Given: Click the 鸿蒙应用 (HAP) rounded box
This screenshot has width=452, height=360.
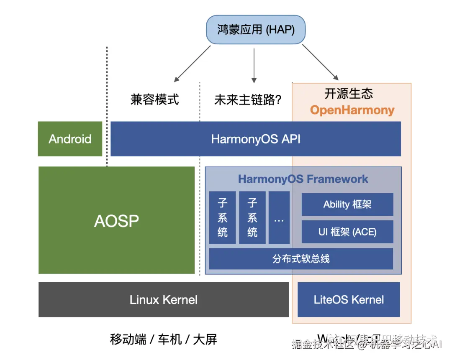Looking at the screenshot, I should coord(256,30).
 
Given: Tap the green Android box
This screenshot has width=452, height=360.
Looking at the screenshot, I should coord(70,139).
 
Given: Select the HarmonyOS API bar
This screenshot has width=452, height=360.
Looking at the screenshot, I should coord(256,139).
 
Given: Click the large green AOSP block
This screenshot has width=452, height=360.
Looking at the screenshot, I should coord(116,220).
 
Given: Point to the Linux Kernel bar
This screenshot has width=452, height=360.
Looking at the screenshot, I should coord(164,299).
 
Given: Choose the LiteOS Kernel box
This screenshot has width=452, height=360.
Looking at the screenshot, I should coord(349,299).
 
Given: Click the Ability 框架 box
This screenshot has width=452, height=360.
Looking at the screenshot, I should coord(347,204).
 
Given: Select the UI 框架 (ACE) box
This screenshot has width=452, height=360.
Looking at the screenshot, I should coord(347,232).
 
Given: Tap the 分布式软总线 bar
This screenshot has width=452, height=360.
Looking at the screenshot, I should coord(301,259).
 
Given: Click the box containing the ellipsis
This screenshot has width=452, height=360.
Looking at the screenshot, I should coord(279,218).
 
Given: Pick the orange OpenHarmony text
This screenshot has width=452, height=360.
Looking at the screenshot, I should coord(352,110).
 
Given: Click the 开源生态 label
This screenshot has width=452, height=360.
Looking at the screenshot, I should coord(349,93).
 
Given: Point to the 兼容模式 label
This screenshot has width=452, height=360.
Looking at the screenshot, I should coord(154,100).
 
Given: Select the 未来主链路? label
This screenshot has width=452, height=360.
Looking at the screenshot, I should coord(247,100).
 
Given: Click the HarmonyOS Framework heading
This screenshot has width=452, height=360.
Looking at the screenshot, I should coord(303,179).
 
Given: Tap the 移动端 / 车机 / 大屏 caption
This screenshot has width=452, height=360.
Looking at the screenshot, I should coord(164,339).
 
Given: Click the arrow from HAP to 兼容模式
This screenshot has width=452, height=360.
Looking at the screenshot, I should coord(193,64).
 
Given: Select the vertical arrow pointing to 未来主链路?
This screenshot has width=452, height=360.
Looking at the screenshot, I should coord(254,65).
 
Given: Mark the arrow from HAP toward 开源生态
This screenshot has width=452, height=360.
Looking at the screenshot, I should coord(320,62).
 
